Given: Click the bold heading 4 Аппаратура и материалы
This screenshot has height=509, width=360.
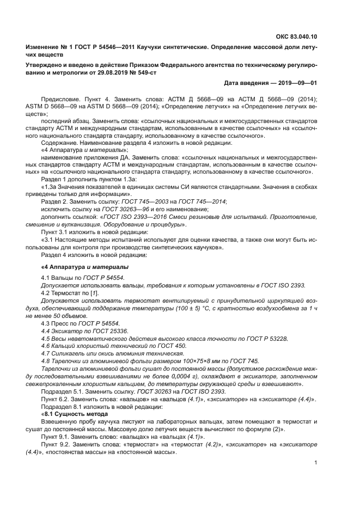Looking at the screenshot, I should coord(85,267).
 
